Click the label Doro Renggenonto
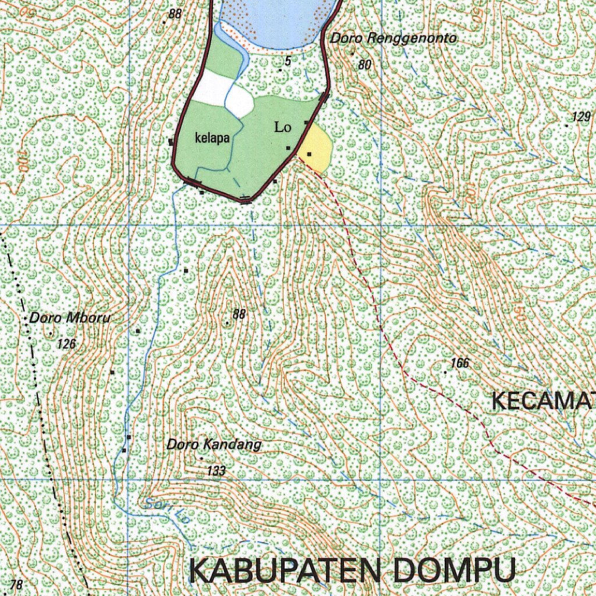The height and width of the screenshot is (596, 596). coord(393,39)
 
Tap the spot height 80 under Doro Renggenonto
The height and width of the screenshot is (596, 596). coord(364,65)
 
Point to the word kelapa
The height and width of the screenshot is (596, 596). coord(212,139)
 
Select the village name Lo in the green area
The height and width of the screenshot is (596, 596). coord(283,127)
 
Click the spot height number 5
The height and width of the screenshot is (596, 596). coord(288,61)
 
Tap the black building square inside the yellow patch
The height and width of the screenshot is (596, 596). coord(310,154)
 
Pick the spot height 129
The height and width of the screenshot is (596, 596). coord(581,116)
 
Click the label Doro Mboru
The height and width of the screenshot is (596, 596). coord(70,318)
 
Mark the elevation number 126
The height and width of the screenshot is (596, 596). coord(67,344)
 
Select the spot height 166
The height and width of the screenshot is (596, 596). coord(459,363)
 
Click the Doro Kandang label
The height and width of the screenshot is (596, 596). coord(214,445)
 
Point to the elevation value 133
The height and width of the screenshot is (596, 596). coord(216,471)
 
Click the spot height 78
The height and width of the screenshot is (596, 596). coord(17,585)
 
